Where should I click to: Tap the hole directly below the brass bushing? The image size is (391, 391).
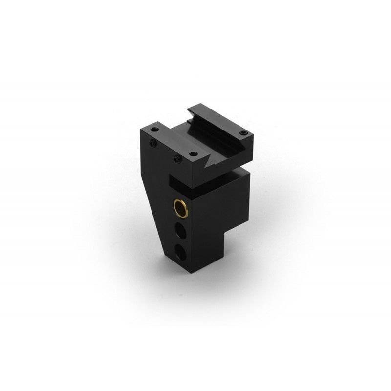coord(181,231)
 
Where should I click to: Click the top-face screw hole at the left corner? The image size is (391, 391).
coord(155,129)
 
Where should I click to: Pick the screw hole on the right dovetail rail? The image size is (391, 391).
coord(243,133)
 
